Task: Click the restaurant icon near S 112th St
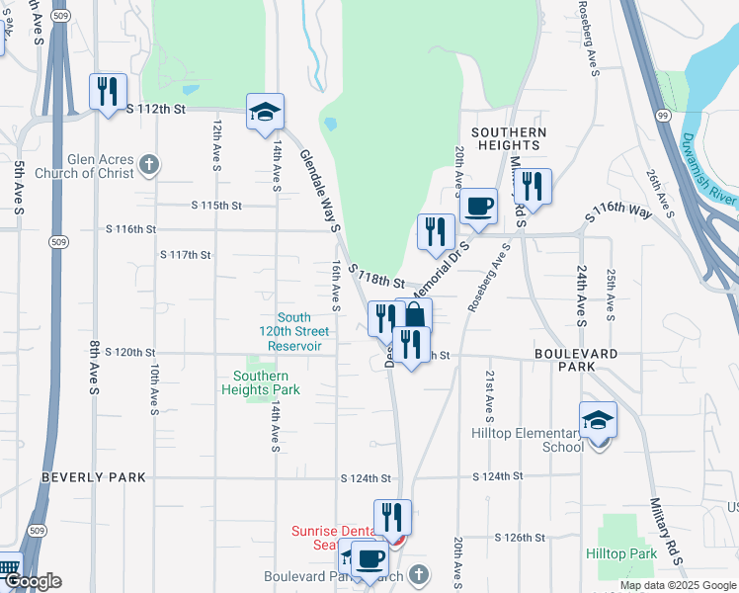click(107, 92)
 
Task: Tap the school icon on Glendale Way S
click(265, 112)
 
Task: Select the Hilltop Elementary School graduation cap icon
click(599, 420)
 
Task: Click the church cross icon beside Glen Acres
click(148, 164)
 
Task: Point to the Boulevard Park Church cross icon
click(419, 575)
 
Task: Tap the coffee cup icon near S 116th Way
click(479, 207)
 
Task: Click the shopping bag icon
click(414, 316)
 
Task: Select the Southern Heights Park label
click(261, 382)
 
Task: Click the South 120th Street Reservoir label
click(300, 332)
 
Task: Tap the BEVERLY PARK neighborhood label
click(94, 477)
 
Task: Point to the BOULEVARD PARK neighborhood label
click(576, 360)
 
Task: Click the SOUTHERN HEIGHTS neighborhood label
click(509, 138)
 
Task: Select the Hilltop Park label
click(620, 553)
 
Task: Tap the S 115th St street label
click(216, 206)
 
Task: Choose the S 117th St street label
click(186, 255)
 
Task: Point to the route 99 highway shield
click(662, 116)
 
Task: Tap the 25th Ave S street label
click(611, 295)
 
